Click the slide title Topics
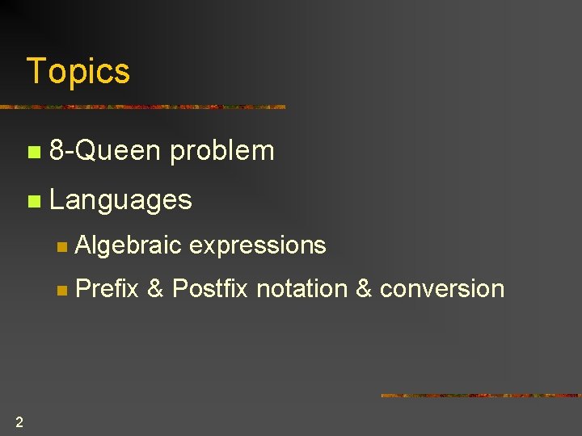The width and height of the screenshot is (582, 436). [78, 71]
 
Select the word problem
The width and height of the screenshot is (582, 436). [222, 151]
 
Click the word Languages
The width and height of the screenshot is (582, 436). [120, 199]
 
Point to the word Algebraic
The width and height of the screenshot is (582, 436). [128, 245]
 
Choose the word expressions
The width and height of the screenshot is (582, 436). [257, 245]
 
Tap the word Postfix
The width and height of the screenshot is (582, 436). [210, 288]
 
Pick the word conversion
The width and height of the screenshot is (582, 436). [441, 288]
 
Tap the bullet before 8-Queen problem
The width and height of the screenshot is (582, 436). [32, 152]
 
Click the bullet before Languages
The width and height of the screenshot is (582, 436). [32, 201]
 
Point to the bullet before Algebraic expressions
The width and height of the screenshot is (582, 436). [62, 247]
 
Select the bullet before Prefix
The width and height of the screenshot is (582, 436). [62, 290]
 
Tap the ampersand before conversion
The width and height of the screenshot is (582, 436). [363, 288]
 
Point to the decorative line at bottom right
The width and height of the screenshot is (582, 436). [481, 396]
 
